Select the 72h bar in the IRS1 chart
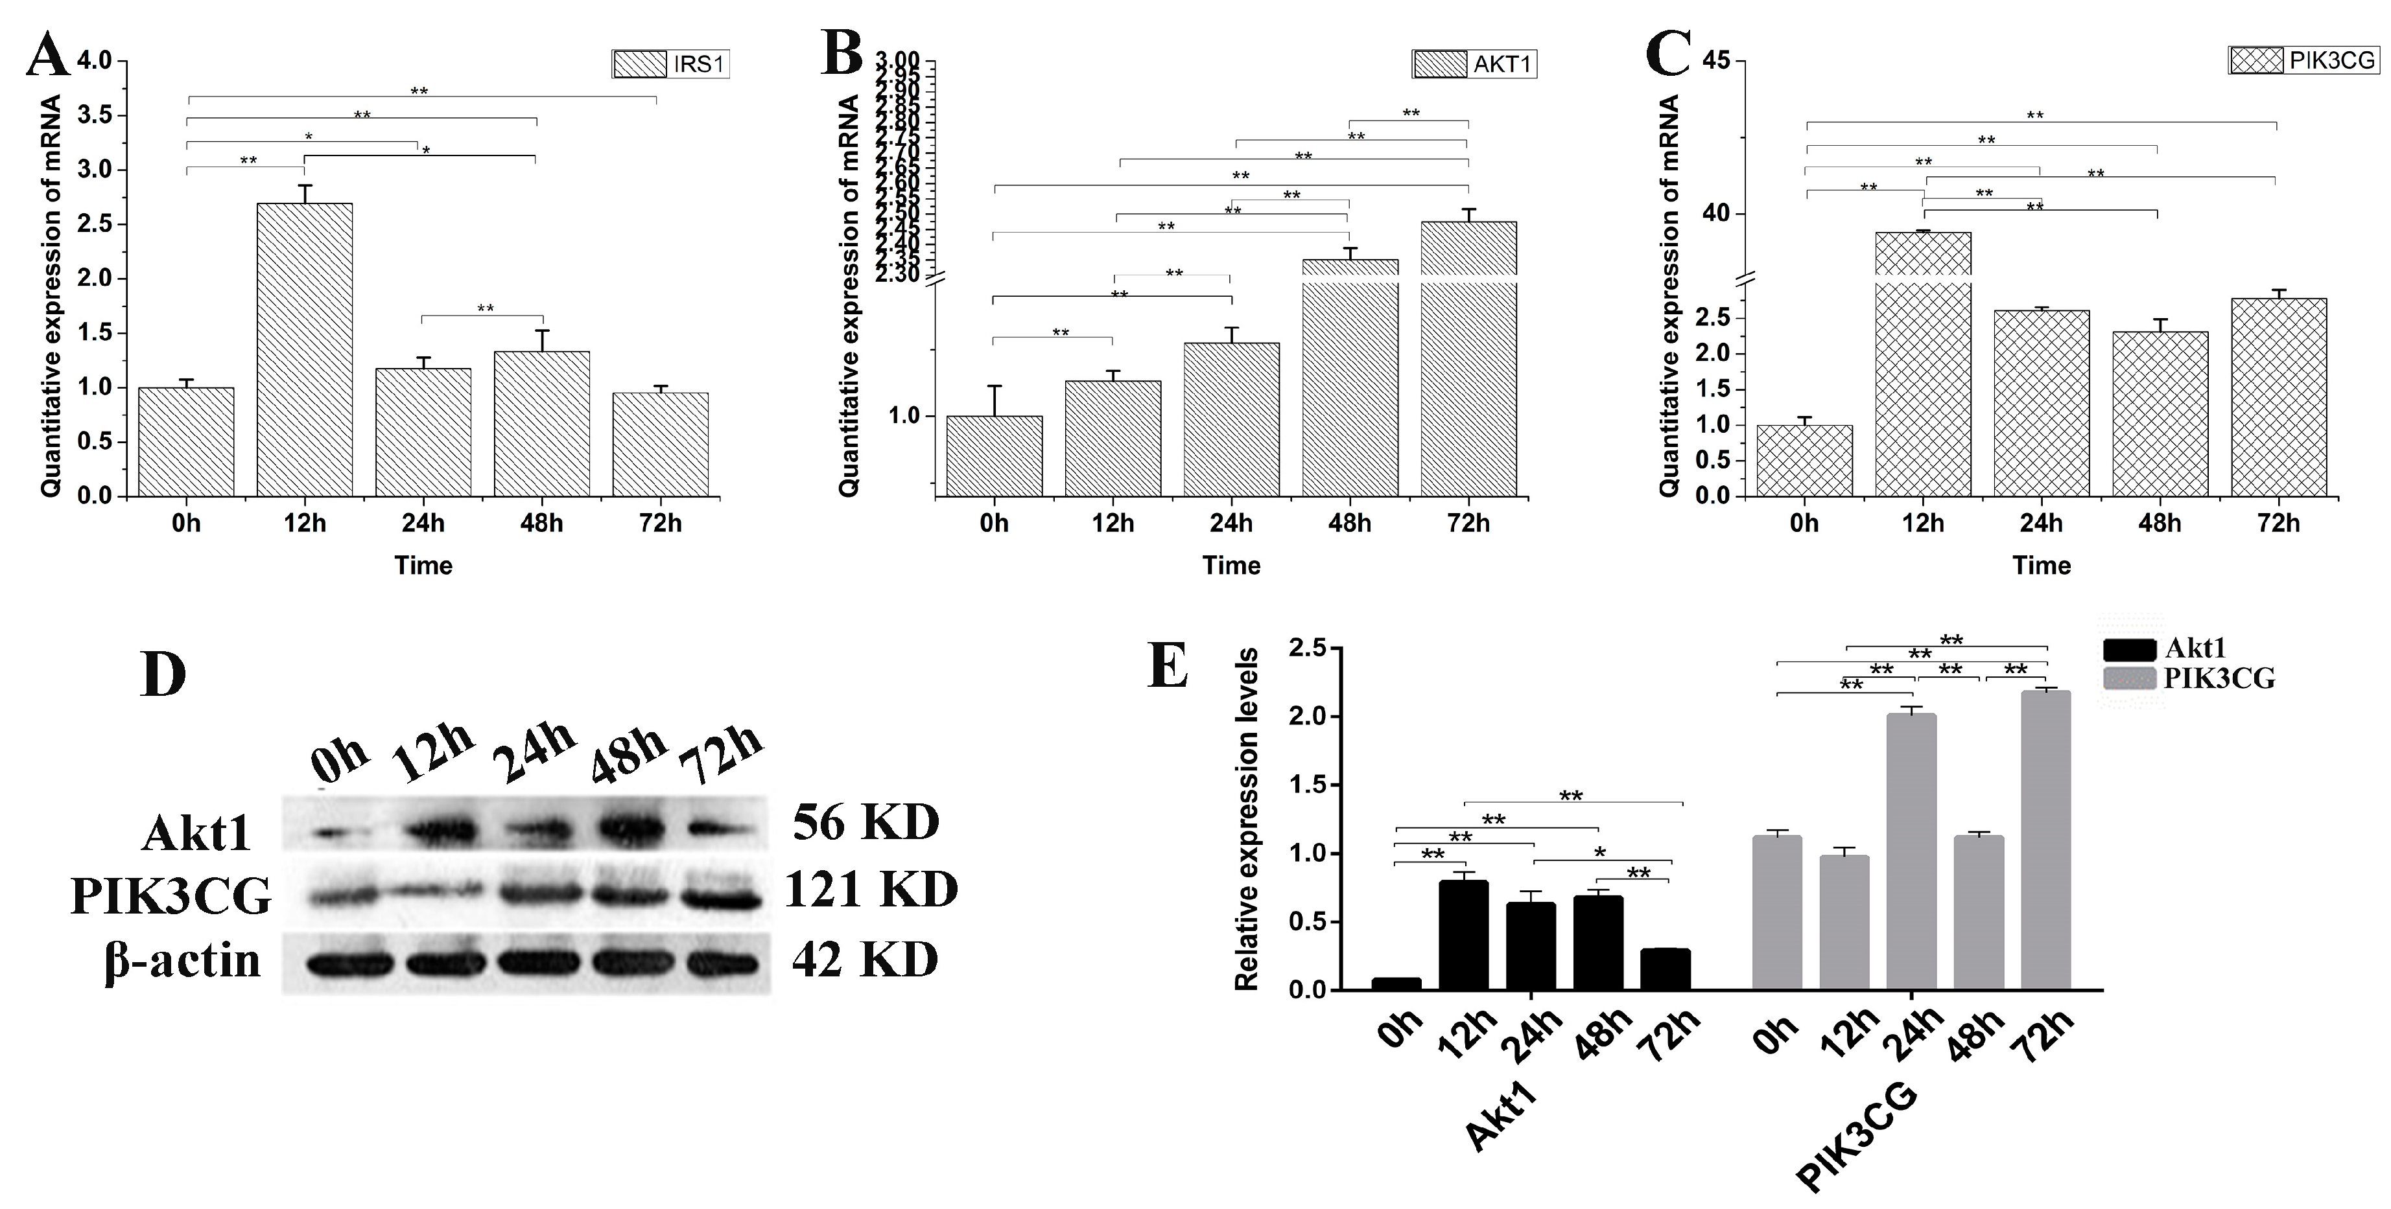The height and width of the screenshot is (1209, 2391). click(660, 444)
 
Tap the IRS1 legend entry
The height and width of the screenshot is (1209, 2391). click(670, 64)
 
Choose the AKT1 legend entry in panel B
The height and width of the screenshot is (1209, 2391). click(1474, 64)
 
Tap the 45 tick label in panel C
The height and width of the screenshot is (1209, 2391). click(1716, 62)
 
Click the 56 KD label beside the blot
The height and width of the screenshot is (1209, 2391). click(865, 822)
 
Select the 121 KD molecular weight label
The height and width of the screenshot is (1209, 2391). click(871, 890)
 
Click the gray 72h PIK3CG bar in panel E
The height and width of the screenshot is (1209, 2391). click(2045, 840)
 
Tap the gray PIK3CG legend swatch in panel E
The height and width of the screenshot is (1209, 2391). click(2128, 678)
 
